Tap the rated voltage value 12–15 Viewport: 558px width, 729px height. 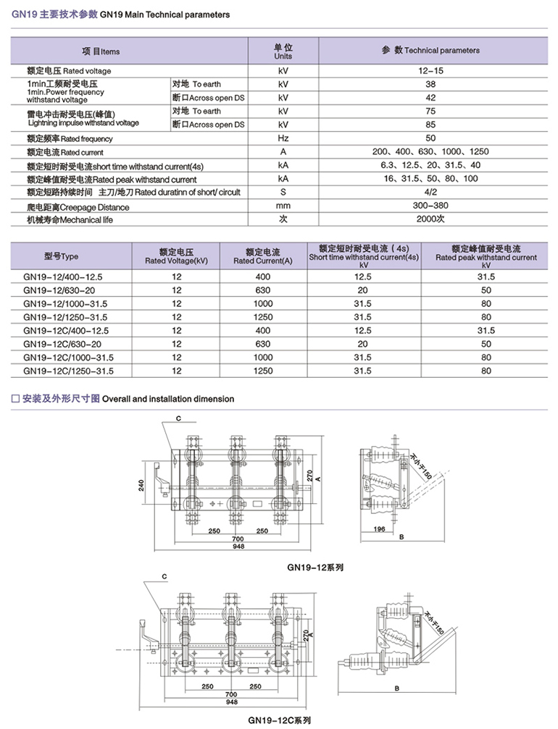[430, 71]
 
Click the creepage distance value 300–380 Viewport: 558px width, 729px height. [430, 206]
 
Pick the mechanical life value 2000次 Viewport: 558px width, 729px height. [430, 219]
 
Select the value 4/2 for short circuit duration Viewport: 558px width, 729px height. [430, 193]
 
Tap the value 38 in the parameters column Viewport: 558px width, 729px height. [430, 84]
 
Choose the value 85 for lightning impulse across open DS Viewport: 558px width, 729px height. [430, 125]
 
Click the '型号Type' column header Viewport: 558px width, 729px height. [62, 256]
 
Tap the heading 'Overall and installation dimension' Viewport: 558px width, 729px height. [168, 398]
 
